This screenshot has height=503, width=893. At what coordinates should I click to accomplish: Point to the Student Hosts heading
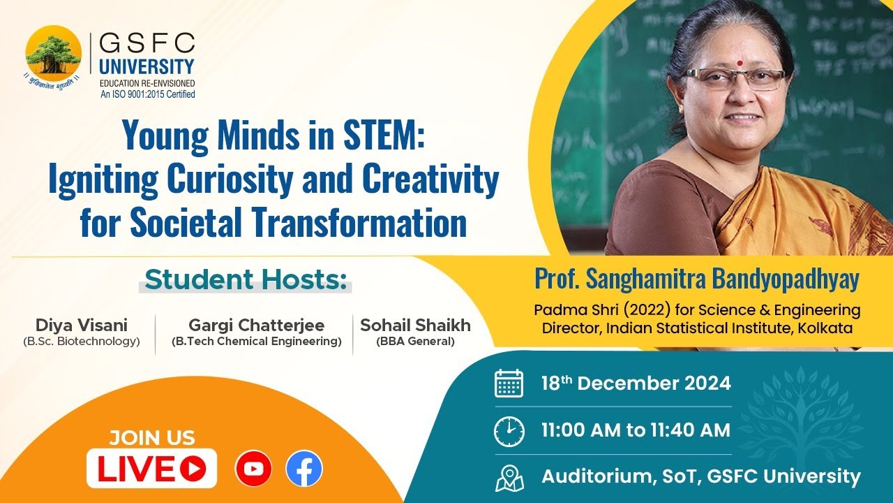(246, 280)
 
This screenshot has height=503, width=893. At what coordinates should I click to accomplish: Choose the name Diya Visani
(82, 325)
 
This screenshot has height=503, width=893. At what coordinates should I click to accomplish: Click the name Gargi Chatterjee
(256, 325)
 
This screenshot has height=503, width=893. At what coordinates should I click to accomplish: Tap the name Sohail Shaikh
(415, 325)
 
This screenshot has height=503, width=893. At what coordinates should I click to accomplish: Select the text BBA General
(415, 342)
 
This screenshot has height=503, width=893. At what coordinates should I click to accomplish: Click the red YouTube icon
(253, 468)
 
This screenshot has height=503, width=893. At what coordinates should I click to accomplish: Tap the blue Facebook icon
(304, 468)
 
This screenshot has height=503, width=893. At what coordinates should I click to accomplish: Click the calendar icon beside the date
(509, 384)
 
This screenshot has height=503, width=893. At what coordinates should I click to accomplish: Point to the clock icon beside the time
(509, 431)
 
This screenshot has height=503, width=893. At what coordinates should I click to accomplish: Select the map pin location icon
(509, 478)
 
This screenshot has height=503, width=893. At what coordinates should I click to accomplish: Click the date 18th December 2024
(636, 384)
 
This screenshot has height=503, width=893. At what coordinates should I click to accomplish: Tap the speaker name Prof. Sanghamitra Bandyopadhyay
(697, 279)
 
